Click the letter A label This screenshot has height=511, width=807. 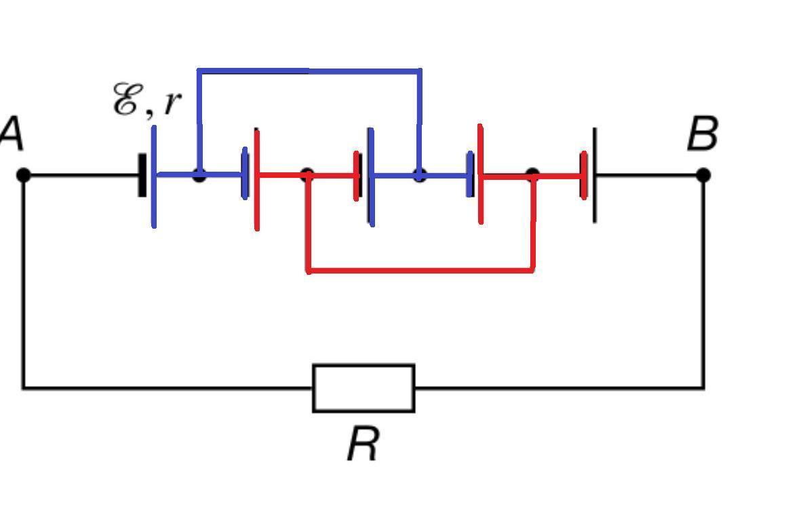coord(12,134)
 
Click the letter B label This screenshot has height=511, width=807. coord(703,134)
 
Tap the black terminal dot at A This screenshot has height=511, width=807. coord(23,175)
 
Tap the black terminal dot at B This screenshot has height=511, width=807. coord(703,175)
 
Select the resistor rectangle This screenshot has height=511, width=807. coord(364,388)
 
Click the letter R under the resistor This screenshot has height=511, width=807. coord(363,444)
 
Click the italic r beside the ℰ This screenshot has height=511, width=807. coord(172,102)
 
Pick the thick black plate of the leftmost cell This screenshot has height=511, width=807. coord(142,175)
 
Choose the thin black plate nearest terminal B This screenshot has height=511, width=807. coord(595,175)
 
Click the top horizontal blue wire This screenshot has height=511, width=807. coord(309,71)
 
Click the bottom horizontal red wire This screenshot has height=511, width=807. coord(420,269)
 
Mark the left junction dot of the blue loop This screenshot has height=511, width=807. coord(199,175)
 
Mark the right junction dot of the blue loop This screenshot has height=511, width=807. coord(420,175)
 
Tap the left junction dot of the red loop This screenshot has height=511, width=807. coord(307,175)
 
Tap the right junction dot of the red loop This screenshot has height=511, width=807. coord(533,175)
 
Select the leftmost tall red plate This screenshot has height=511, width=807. coord(257,180)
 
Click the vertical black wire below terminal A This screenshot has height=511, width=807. coord(23,282)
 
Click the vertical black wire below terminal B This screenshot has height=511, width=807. coord(703,282)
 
